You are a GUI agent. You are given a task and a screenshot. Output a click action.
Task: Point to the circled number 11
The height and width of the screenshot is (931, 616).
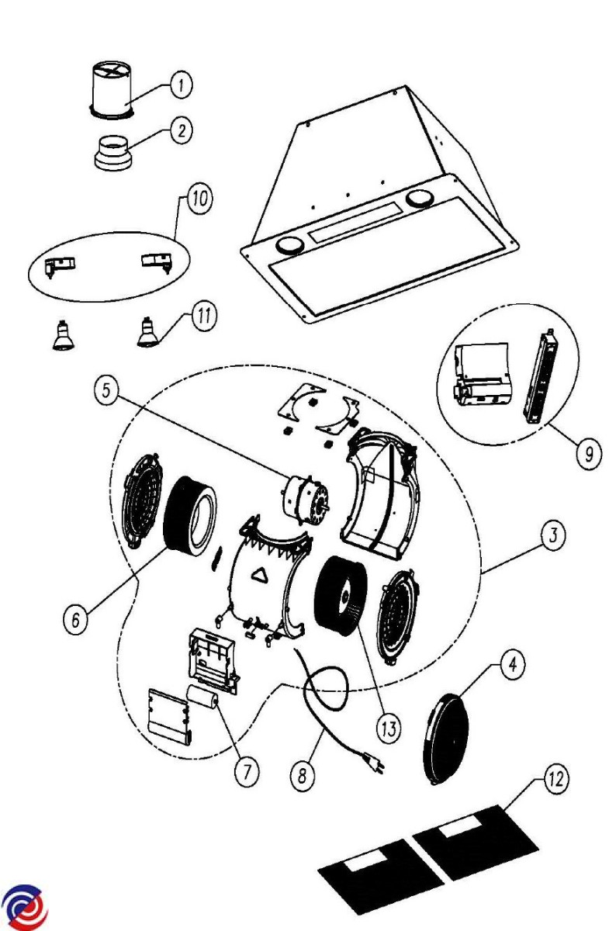pos(204,318)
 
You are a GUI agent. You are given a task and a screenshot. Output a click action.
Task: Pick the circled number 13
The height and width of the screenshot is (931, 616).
pos(389,729)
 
